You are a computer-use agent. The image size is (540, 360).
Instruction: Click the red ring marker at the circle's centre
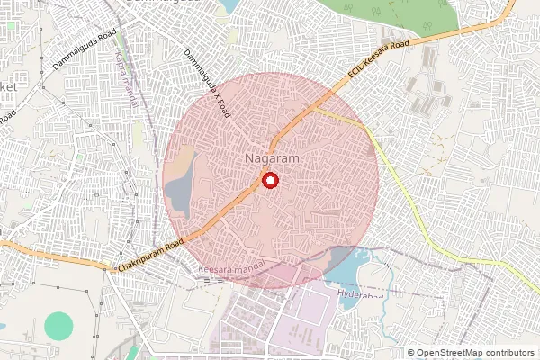click(269, 180)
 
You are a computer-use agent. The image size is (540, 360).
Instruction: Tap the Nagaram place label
click(270, 159)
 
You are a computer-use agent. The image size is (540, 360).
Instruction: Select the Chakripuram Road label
click(149, 256)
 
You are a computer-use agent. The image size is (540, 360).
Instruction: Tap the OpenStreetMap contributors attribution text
click(476, 352)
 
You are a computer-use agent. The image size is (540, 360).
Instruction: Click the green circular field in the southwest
click(59, 326)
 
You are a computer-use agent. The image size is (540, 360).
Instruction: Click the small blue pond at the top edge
click(229, 5)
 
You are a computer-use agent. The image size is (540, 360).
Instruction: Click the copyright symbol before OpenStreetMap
click(412, 352)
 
